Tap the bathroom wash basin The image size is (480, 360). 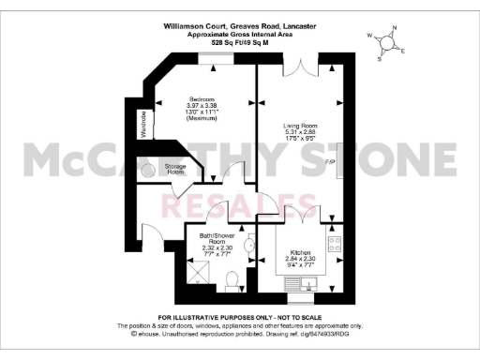point(247,247)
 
